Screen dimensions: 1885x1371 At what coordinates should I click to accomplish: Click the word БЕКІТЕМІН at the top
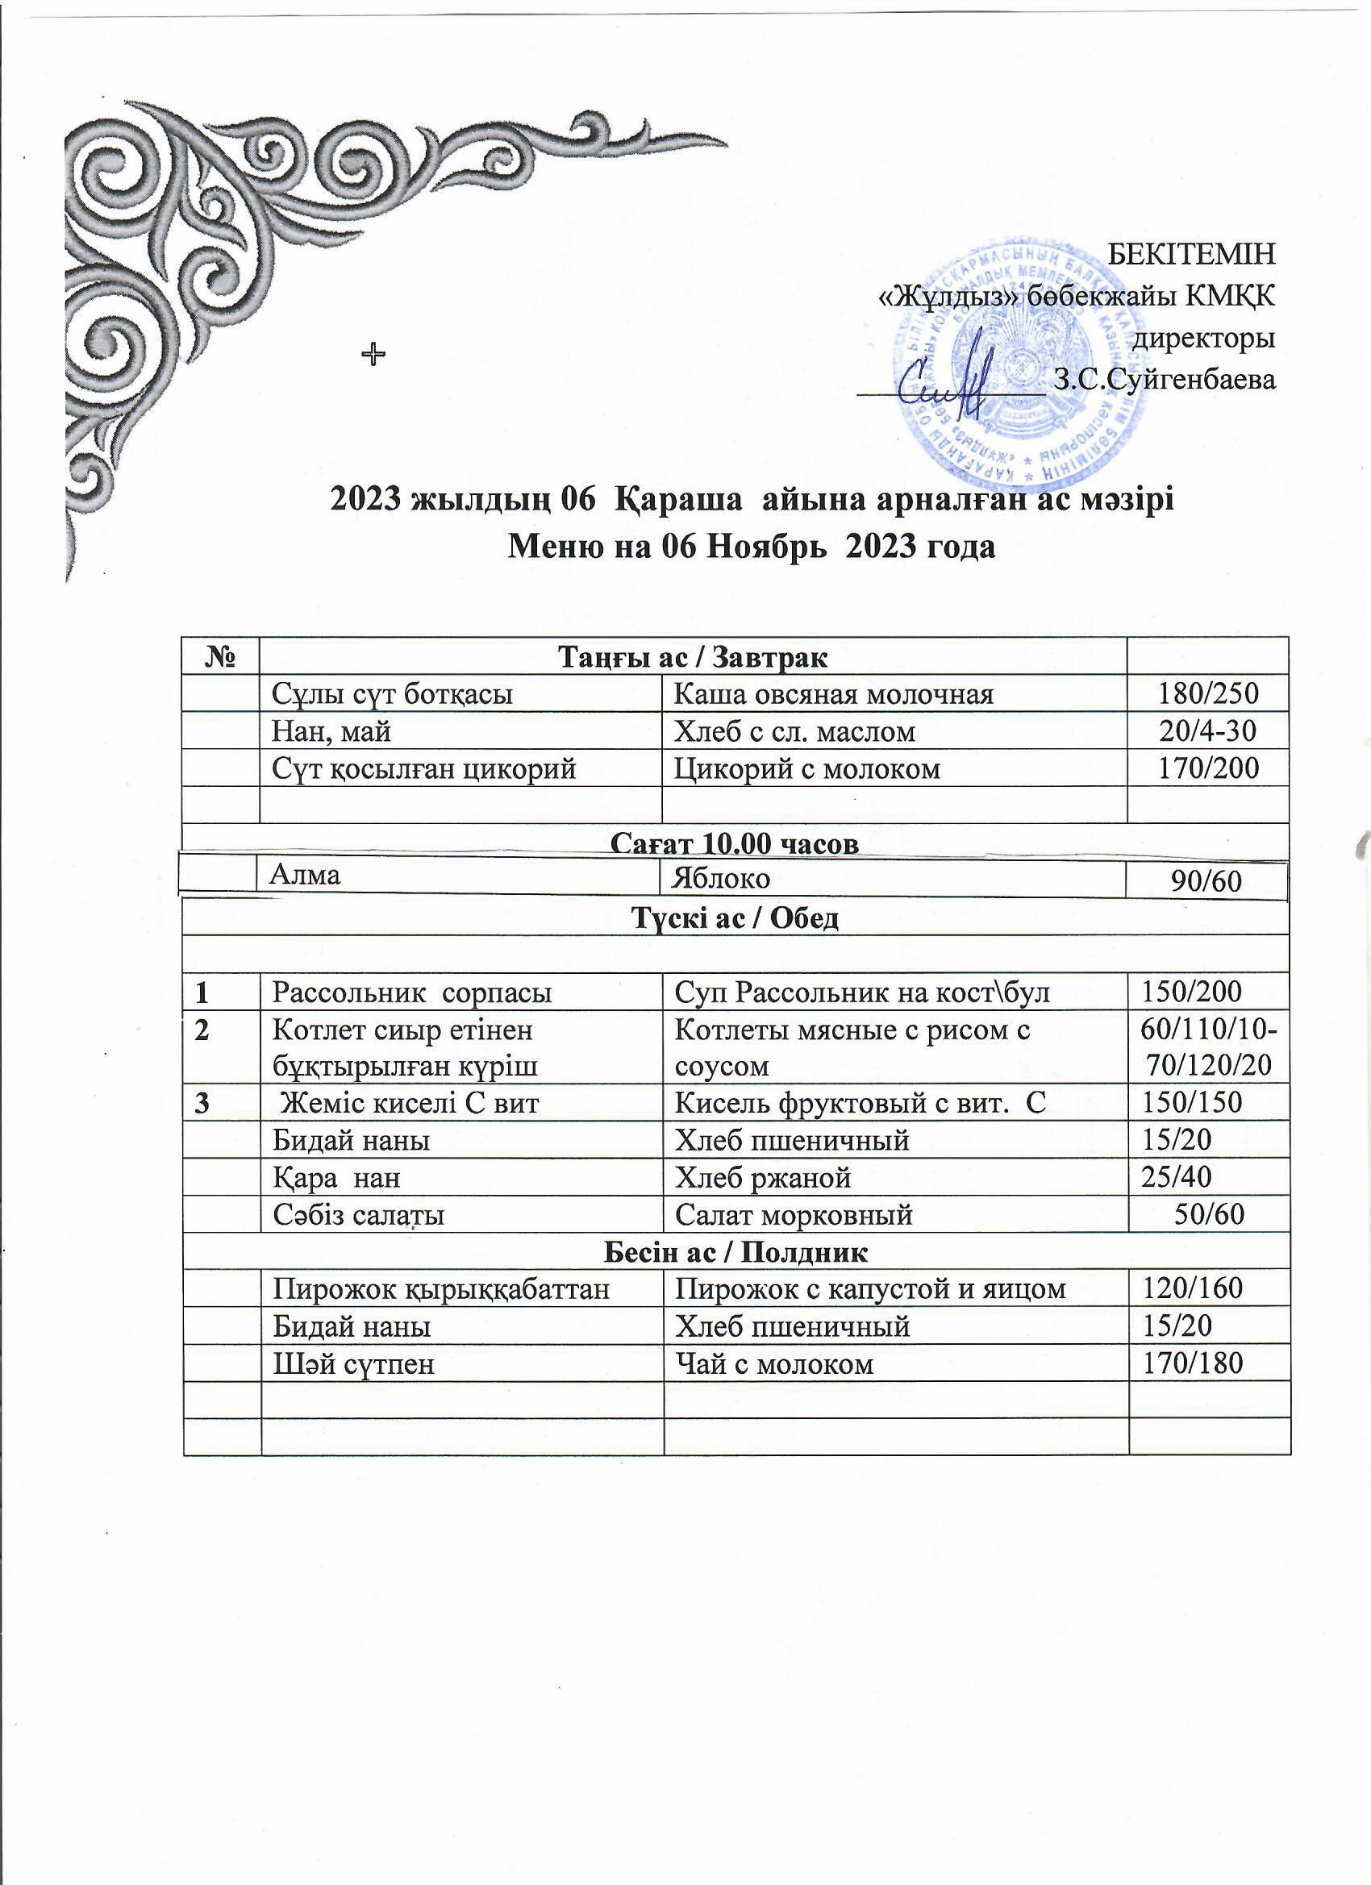(x=1192, y=253)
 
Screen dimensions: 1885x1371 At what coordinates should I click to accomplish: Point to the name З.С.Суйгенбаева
(x=1164, y=380)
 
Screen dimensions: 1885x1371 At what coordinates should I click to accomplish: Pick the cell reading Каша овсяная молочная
(x=834, y=693)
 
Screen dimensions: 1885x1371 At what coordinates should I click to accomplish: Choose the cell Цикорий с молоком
(x=807, y=768)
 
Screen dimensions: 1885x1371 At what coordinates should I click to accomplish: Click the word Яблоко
(x=723, y=878)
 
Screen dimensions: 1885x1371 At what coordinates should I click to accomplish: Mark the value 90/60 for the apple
(x=1206, y=882)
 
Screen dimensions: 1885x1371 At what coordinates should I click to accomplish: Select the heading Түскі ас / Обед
(x=735, y=918)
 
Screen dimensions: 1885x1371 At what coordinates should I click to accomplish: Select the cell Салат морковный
(x=794, y=1215)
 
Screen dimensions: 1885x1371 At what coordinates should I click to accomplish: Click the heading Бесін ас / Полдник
(x=735, y=1251)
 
